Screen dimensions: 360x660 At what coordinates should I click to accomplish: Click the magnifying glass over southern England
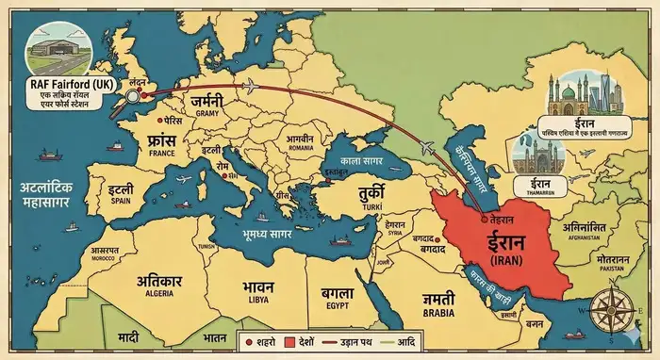tap(133, 94)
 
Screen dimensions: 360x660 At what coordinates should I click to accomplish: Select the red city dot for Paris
tap(157, 122)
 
